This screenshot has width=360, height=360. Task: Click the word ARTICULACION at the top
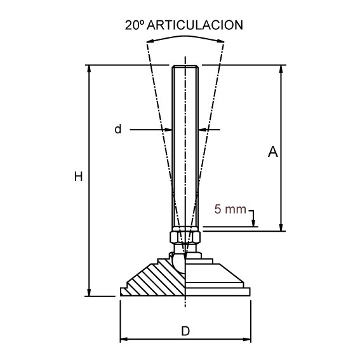(x=195, y=25)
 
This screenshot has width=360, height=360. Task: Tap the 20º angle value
(x=135, y=25)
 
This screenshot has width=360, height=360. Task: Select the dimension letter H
(x=79, y=177)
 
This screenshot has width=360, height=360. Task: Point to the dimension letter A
(x=273, y=152)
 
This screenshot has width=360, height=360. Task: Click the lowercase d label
(x=118, y=129)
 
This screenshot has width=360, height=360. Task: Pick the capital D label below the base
(x=185, y=331)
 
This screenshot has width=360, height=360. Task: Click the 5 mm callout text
(x=230, y=209)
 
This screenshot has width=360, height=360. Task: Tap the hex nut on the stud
(x=185, y=237)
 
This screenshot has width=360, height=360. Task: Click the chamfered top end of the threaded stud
(x=185, y=67)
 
